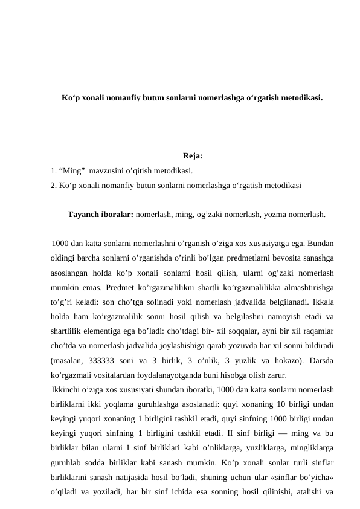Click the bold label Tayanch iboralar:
pyautogui.click(x=100, y=214)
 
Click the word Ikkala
pyautogui.click(x=322, y=301)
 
